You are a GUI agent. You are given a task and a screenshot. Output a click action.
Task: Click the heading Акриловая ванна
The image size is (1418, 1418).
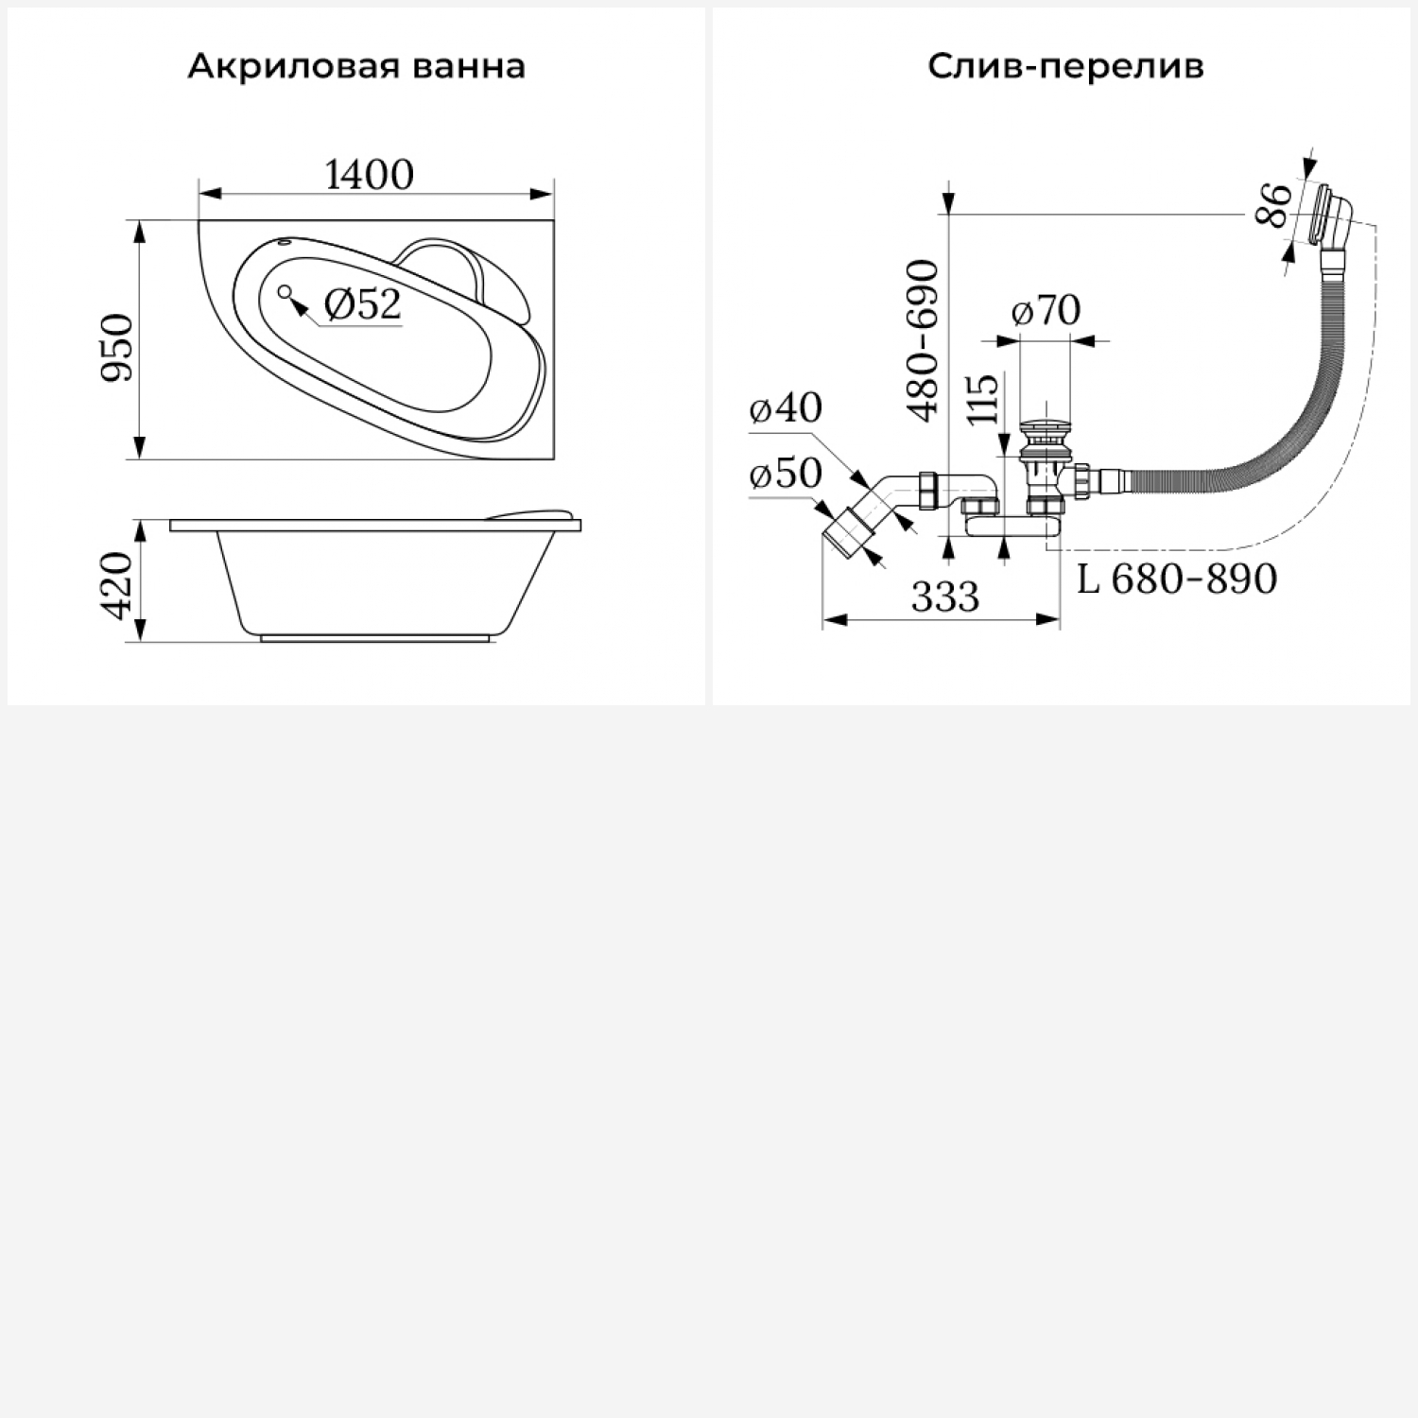(x=356, y=66)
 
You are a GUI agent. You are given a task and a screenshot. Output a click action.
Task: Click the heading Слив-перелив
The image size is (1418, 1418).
(x=1065, y=66)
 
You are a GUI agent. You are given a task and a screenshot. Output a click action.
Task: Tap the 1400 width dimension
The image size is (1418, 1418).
(x=370, y=175)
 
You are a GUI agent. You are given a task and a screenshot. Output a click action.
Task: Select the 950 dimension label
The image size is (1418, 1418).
(x=119, y=348)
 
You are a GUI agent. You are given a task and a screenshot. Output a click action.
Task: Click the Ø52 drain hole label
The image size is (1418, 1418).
(x=363, y=304)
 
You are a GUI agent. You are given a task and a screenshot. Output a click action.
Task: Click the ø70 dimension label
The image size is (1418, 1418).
(x=1046, y=310)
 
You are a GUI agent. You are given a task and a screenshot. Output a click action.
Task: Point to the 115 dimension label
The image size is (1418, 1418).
(x=983, y=399)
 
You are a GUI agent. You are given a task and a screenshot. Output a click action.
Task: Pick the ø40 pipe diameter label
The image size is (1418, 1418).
(x=786, y=408)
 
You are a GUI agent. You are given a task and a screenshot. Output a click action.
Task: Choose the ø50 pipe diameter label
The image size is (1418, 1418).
(x=786, y=474)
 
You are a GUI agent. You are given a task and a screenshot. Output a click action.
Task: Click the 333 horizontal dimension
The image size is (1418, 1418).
(x=945, y=597)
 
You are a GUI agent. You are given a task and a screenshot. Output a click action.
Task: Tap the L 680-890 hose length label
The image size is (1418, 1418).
(x=1177, y=579)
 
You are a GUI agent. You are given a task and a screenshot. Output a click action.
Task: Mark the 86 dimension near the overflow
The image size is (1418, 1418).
(x=1274, y=205)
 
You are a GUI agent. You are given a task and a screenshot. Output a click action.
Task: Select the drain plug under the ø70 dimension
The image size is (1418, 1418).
(x=1046, y=435)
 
